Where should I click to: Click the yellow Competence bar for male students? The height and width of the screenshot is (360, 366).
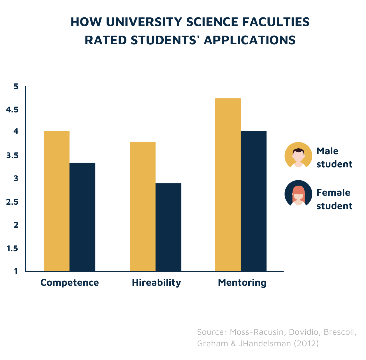pyautogui.click(x=57, y=201)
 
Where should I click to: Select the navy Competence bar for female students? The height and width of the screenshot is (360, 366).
pyautogui.click(x=82, y=217)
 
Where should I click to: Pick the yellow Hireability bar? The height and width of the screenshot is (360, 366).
pyautogui.click(x=143, y=206)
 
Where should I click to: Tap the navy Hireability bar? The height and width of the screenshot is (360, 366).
pyautogui.click(x=168, y=227)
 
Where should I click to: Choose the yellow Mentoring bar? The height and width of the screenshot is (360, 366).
pyautogui.click(x=228, y=184)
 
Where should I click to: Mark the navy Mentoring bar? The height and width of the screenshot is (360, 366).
pyautogui.click(x=254, y=201)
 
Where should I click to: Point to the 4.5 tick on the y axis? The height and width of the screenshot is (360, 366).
pyautogui.click(x=12, y=110)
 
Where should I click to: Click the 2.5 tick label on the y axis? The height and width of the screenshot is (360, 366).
pyautogui.click(x=12, y=202)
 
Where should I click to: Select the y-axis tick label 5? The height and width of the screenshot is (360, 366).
pyautogui.click(x=16, y=87)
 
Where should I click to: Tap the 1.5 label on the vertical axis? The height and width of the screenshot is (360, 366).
pyautogui.click(x=12, y=248)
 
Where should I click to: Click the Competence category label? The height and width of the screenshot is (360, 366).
pyautogui.click(x=70, y=282)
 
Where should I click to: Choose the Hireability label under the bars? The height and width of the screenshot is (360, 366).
pyautogui.click(x=156, y=282)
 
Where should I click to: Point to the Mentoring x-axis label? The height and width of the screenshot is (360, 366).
pyautogui.click(x=242, y=282)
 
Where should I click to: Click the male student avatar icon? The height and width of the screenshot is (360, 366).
pyautogui.click(x=298, y=156)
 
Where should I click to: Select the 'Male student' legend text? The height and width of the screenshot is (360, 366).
pyautogui.click(x=334, y=158)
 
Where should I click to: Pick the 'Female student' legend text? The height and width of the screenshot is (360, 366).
pyautogui.click(x=334, y=199)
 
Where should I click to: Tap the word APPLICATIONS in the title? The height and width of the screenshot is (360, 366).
pyautogui.click(x=249, y=40)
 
